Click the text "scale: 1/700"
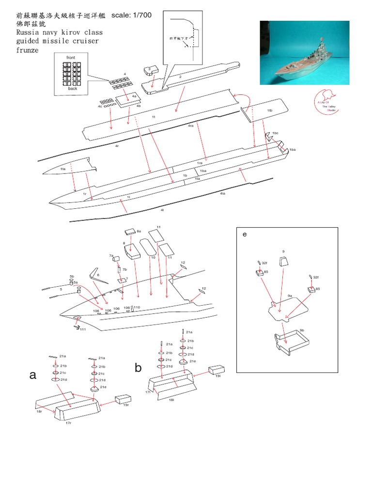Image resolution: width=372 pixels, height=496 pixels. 131,15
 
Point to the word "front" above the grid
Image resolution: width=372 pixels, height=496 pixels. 72,57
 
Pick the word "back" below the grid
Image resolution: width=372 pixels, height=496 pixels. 72,88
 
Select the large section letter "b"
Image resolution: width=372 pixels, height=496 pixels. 138,368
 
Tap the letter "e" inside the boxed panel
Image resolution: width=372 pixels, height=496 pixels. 245,234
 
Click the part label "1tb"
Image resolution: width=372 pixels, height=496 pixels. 270,110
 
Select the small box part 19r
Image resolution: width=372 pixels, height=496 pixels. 122,399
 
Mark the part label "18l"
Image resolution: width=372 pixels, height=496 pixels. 171,400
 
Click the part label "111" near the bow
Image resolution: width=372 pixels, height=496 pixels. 83,329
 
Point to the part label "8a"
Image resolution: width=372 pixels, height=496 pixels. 139,232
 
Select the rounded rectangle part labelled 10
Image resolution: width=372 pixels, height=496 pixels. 148,248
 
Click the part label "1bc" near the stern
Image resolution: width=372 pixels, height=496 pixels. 275,133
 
